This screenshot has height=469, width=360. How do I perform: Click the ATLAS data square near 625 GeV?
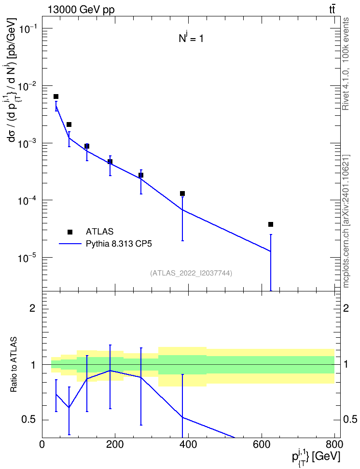tap(271, 224)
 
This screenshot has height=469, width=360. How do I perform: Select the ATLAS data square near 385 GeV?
tap(182, 193)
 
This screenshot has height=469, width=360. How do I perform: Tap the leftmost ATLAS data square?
tap(56, 97)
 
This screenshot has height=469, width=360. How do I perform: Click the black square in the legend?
tap(70, 232)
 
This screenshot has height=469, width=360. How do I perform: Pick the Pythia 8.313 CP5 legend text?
tap(119, 244)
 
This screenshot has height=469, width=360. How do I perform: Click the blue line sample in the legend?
tap(70, 244)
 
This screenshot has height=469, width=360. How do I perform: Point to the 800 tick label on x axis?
tap(334, 444)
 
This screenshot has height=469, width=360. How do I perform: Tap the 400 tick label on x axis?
tap(188, 444)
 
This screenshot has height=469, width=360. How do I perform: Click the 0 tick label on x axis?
tap(42, 444)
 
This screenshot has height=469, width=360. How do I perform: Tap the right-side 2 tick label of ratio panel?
tap(346, 308)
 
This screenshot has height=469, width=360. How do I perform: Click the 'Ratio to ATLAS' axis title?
tap(14, 365)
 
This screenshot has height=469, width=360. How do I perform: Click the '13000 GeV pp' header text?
tap(81, 10)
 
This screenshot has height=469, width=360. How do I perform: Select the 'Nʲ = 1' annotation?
tap(191, 38)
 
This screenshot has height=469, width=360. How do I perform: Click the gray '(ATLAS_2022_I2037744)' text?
tap(191, 273)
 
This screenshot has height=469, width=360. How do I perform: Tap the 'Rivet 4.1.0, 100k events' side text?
tap(346, 64)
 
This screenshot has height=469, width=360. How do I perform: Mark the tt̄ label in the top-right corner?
tap(332, 10)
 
